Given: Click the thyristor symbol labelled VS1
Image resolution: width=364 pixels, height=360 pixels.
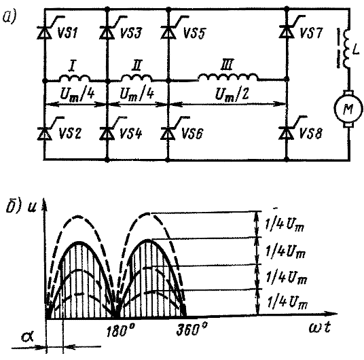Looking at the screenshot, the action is [x=45, y=32].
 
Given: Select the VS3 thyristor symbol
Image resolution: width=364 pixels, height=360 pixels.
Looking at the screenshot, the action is [x=107, y=32].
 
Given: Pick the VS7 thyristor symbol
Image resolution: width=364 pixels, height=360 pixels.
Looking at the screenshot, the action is [x=287, y=31].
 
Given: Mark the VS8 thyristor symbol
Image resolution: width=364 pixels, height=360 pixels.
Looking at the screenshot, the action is [x=287, y=133].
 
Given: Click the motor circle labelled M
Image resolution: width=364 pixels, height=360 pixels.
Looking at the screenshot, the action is [x=348, y=109].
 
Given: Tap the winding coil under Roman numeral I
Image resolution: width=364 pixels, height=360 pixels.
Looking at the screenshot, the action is [x=75, y=77].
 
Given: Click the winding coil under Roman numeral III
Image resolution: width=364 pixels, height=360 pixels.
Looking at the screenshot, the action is [x=228, y=77].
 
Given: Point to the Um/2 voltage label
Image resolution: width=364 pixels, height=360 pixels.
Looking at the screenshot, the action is [x=229, y=95].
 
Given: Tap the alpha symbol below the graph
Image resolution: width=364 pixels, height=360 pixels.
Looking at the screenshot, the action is [x=27, y=336].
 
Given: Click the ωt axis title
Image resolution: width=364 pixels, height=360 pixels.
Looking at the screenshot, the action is [x=320, y=328].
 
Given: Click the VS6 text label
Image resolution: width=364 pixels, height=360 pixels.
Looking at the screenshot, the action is [x=192, y=134].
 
